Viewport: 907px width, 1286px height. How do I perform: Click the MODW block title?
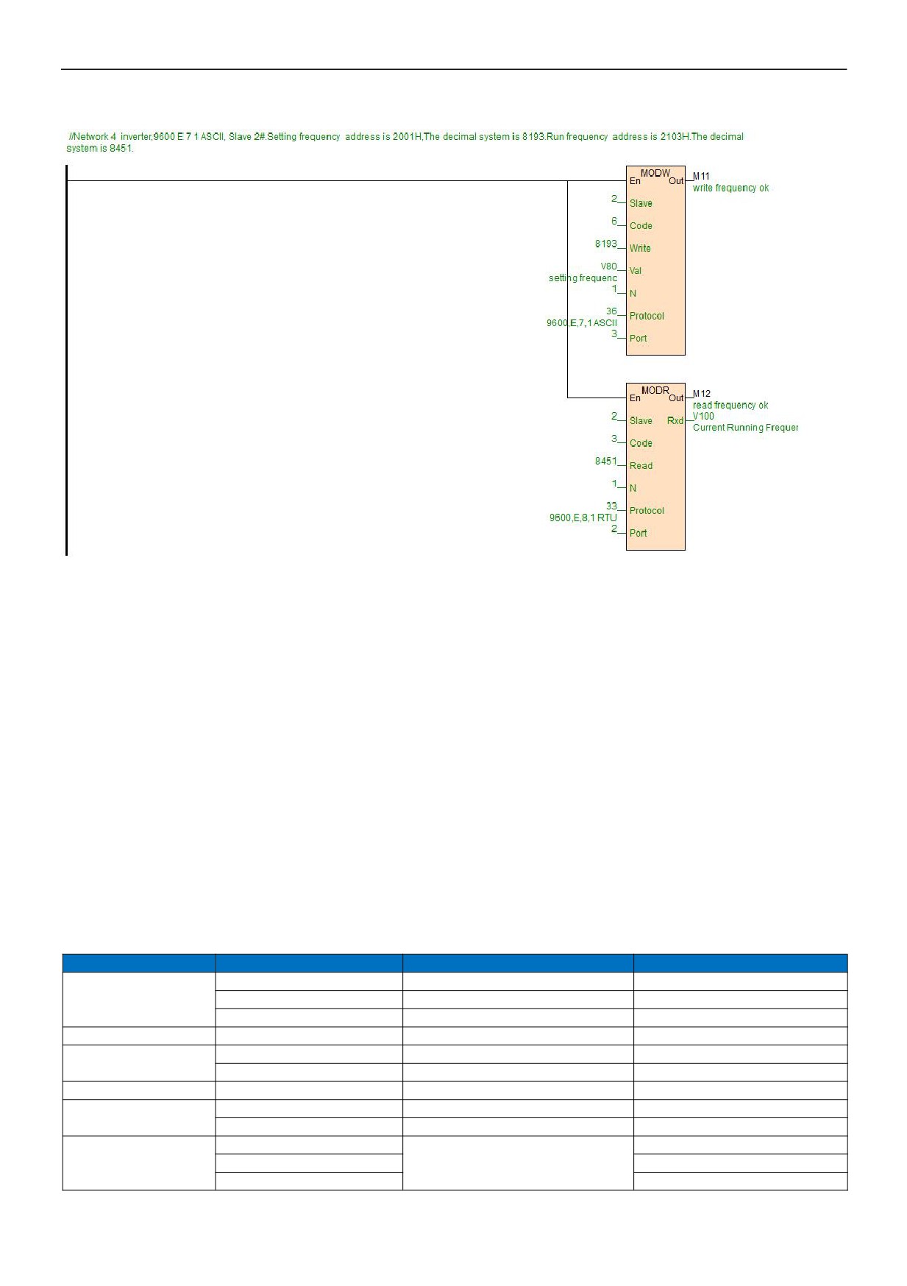655,173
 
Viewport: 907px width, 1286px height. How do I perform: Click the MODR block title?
655,390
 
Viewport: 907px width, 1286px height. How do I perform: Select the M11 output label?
701,177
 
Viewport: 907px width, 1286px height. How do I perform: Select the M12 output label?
702,394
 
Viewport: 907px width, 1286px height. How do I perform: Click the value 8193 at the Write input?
606,244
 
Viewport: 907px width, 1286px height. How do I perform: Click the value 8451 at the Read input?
606,461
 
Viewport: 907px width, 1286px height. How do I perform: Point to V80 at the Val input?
609,266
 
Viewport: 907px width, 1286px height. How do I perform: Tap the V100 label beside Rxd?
703,416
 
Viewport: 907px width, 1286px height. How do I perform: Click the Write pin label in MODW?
640,248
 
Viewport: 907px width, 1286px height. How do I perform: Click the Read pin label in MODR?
641,465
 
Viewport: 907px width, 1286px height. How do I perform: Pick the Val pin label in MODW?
636,271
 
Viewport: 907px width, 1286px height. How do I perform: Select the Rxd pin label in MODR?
675,420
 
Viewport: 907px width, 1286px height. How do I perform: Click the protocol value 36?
612,311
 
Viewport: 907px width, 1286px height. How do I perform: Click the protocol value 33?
612,506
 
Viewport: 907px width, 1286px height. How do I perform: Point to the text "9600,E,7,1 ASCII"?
582,323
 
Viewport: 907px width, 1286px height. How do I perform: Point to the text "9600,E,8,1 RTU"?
583,517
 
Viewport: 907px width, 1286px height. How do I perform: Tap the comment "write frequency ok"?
730,188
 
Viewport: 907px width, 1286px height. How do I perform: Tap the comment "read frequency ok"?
730,405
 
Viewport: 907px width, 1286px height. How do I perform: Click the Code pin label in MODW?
641,226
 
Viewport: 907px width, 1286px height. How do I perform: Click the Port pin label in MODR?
638,533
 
